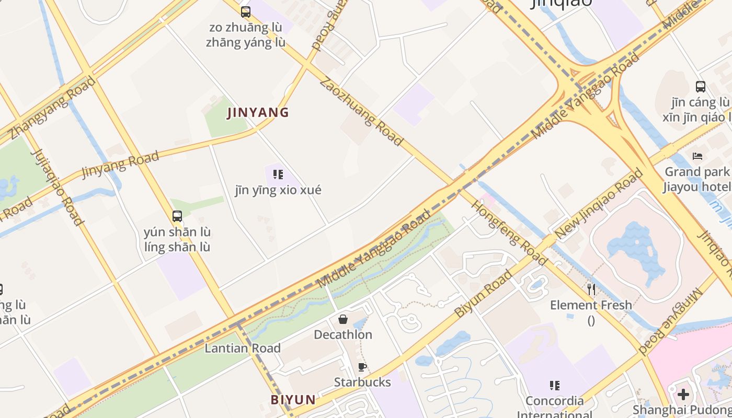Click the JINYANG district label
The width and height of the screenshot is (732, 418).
(258, 112)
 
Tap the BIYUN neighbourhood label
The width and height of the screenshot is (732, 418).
(293, 400)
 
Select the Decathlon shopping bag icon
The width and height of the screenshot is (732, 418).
(343, 319)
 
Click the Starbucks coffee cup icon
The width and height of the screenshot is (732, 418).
(362, 367)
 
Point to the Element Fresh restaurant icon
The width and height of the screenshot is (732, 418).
(591, 289)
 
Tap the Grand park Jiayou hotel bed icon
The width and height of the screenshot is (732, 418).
(697, 156)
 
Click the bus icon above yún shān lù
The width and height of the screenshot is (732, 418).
(177, 216)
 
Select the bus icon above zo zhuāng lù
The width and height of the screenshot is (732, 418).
(245, 11)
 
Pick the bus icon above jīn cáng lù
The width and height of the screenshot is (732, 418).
(701, 87)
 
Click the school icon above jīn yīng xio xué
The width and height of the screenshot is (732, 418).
(278, 175)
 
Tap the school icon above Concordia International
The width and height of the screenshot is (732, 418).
(554, 386)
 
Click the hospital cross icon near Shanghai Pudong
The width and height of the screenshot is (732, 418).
(683, 394)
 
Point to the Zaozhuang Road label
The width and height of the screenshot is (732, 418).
(361, 111)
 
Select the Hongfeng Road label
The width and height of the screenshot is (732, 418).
(509, 232)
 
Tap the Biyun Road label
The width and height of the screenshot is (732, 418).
(483, 294)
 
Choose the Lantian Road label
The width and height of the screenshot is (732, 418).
(243, 348)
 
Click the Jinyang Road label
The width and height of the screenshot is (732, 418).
(120, 165)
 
